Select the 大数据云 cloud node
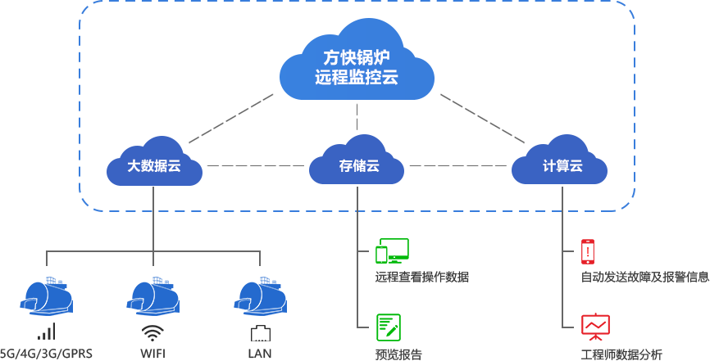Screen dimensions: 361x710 point(153,166)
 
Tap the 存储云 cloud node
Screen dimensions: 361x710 point(357,166)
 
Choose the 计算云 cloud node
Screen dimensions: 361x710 point(562,166)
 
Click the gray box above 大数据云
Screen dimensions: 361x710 point(232,118)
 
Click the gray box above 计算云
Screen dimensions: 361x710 point(481,118)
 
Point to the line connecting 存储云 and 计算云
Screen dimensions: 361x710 point(459,166)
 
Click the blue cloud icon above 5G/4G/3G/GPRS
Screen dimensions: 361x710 point(47,296)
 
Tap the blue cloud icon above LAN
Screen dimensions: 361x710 point(260,296)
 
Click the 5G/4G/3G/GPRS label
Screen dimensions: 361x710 point(46,354)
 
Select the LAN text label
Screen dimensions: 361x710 point(259,354)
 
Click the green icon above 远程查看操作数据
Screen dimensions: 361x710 point(392,249)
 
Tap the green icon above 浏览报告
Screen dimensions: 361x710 point(388,327)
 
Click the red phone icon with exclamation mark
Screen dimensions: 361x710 point(587,250)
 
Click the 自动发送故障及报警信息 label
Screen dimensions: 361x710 point(644,277)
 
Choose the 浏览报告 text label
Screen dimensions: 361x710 point(398,354)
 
